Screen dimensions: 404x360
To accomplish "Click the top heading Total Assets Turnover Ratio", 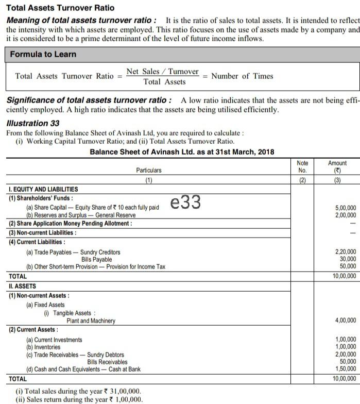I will (x=60, y=8).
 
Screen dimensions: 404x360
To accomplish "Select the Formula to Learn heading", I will (x=43, y=54).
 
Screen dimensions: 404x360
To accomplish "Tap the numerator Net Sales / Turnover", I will (x=162, y=72).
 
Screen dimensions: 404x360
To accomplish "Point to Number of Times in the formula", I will (x=242, y=76).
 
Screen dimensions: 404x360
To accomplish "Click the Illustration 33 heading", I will (x=32, y=123).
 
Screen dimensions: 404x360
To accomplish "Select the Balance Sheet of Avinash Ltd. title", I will (x=182, y=152).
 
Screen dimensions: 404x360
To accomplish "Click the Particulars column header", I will (x=148, y=170).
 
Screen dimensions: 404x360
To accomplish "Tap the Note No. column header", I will (x=302, y=166).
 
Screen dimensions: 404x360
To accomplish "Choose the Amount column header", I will (x=337, y=166).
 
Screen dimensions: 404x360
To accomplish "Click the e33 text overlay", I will (x=185, y=203).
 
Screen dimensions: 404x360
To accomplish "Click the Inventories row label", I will (x=43, y=347).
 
